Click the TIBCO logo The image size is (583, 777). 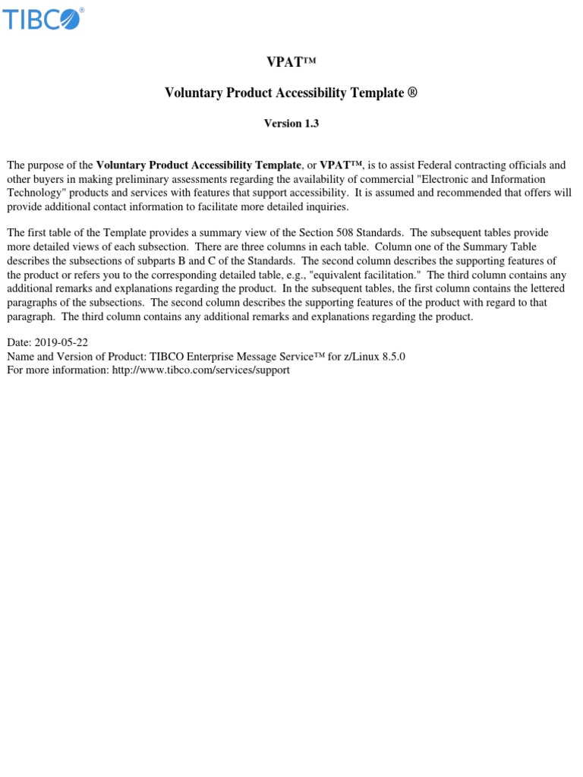point(43,19)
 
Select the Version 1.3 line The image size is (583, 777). point(291,124)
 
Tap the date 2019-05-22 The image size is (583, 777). point(61,343)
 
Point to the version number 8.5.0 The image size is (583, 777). point(392,357)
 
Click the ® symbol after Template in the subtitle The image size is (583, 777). point(413,93)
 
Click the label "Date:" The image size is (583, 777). point(19,343)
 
